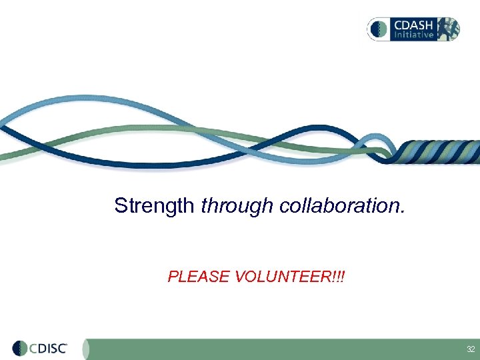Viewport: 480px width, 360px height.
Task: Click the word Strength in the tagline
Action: tap(155, 206)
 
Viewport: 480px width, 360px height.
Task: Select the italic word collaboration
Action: tap(341, 206)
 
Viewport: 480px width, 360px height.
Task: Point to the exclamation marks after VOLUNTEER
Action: tap(340, 277)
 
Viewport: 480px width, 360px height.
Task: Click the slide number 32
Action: tap(471, 349)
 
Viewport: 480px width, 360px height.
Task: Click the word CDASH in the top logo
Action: tap(413, 24)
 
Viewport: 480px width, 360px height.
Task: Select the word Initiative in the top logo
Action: tap(413, 34)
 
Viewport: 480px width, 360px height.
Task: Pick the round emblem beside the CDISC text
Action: tap(20, 349)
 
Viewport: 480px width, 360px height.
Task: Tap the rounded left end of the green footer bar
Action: tap(90, 349)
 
